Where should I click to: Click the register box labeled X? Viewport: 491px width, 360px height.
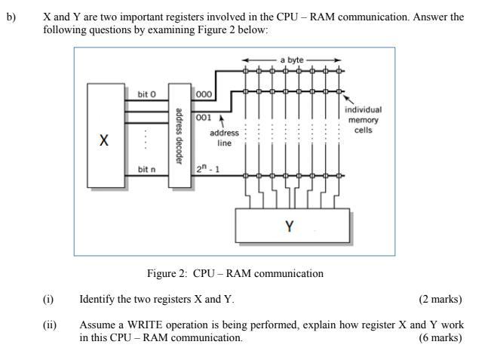point(103,137)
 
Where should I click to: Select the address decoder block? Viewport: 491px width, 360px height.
point(178,136)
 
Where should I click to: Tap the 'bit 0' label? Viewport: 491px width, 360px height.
point(146,94)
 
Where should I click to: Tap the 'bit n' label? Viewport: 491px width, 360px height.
point(146,170)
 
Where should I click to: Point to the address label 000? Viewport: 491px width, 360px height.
point(204,94)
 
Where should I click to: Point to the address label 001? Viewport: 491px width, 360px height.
point(204,118)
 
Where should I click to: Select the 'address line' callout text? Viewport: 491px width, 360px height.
point(224,137)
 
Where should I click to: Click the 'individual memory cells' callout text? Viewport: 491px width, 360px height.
point(363,119)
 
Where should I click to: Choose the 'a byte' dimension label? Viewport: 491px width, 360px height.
point(292,60)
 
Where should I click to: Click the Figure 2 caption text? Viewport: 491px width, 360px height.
point(235,273)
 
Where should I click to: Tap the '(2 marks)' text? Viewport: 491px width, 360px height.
point(440,300)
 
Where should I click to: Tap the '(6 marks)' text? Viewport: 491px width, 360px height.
point(440,337)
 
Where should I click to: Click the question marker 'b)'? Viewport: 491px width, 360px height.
point(11,17)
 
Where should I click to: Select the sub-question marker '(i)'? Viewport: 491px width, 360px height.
point(48,300)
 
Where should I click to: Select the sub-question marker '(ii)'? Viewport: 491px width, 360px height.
point(50,325)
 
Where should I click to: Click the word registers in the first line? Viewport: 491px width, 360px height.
point(183,17)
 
